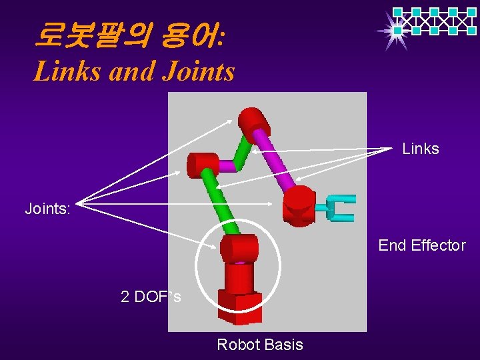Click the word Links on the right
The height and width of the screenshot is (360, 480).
pyautogui.click(x=421, y=149)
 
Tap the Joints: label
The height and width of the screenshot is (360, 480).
pyautogui.click(x=47, y=209)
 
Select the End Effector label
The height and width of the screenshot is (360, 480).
pyautogui.click(x=422, y=245)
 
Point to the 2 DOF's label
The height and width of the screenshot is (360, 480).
pyautogui.click(x=151, y=297)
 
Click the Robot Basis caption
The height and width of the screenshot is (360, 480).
pyautogui.click(x=260, y=345)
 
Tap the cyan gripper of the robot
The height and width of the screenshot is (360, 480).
pyautogui.click(x=340, y=208)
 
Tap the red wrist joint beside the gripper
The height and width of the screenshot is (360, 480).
pyautogui.click(x=299, y=205)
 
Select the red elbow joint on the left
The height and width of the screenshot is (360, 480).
pyautogui.click(x=202, y=165)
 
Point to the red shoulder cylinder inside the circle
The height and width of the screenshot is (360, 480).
pyautogui.click(x=239, y=249)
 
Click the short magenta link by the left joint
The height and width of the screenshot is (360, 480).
pyautogui.click(x=228, y=166)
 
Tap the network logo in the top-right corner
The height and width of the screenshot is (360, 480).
pyautogui.click(x=433, y=21)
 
